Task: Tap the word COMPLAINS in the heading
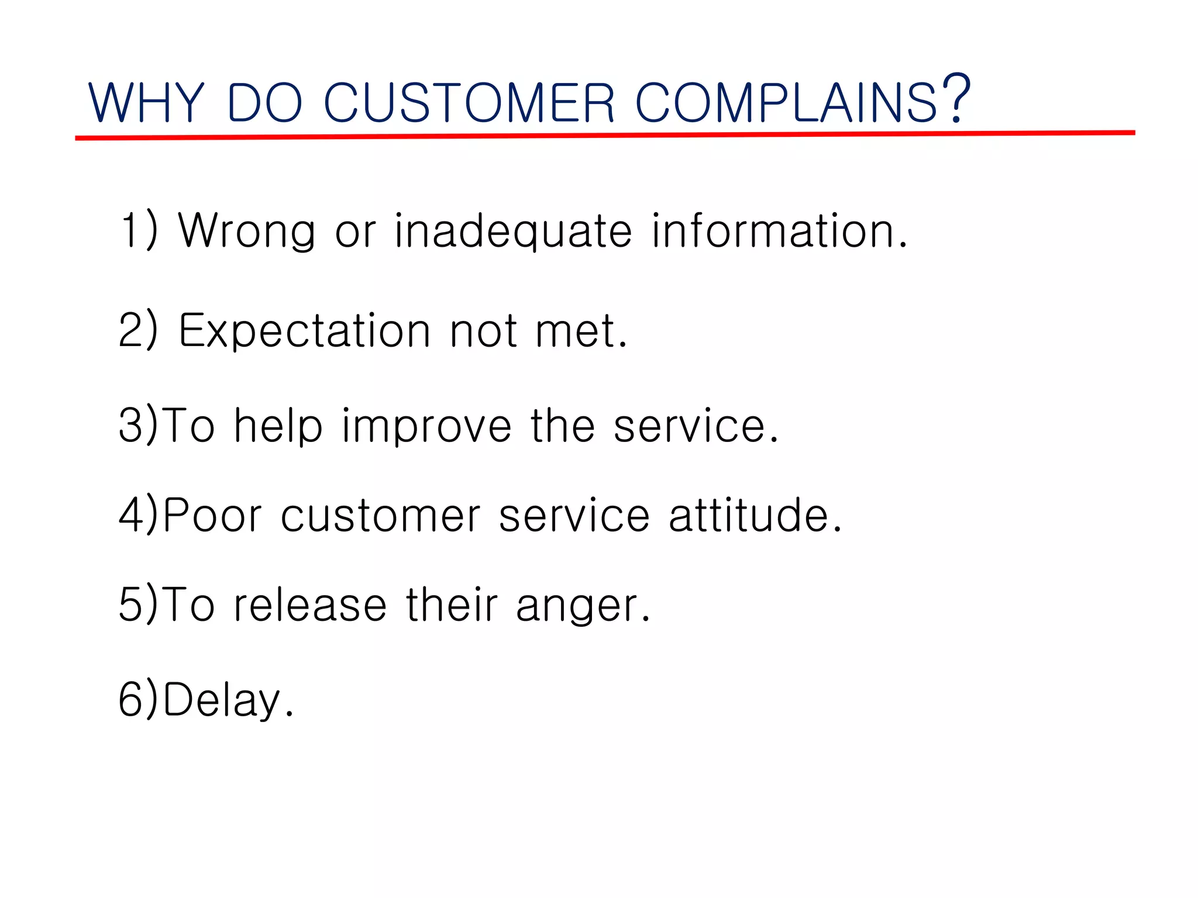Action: (786, 103)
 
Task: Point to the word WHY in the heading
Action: (146, 103)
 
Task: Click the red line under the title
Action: (605, 136)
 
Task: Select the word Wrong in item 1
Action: (246, 231)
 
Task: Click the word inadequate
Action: (513, 232)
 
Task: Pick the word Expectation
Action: (304, 331)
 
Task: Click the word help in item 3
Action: (278, 426)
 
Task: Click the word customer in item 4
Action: (380, 516)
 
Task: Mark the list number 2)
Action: (138, 330)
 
